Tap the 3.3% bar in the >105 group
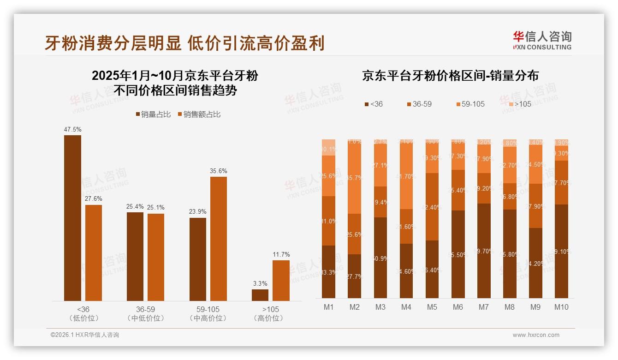260,295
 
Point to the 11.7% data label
281,254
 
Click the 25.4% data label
135,206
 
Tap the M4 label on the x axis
406,307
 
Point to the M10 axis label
561,307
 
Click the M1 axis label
328,307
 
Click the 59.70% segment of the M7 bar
484,251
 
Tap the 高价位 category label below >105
268,318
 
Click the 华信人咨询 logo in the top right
542,40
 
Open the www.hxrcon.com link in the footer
536,335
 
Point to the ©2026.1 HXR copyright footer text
85,335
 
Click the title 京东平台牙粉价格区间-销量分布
450,76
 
